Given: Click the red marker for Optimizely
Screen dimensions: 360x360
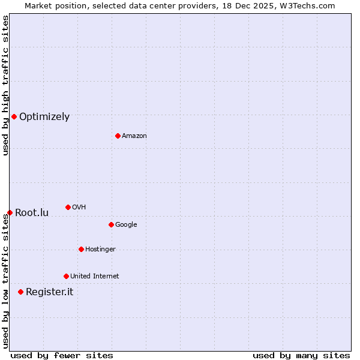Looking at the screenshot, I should (x=14, y=116).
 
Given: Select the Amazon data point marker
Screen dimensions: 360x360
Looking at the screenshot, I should (x=118, y=136).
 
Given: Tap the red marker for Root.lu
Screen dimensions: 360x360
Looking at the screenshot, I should (x=10, y=212).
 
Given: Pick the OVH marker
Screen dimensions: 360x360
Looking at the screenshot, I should (x=68, y=207).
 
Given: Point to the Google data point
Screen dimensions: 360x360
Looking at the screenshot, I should (x=111, y=224).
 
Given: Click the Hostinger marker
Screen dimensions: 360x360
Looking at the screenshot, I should (x=81, y=249).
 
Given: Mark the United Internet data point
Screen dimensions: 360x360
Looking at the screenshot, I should (x=66, y=276).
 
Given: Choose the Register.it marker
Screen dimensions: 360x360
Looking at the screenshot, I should (x=20, y=292).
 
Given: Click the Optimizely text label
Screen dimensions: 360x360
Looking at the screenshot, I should (x=44, y=117).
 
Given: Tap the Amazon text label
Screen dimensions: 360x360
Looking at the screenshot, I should (x=134, y=136).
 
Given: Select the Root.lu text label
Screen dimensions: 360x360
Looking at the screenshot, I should (x=32, y=213).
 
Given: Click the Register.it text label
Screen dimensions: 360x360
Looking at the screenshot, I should (x=49, y=292).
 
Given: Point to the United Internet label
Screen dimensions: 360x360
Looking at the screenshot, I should (x=95, y=277).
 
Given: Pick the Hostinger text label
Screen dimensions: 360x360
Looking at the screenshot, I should (x=100, y=250).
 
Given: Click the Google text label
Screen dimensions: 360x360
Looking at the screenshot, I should (x=126, y=225).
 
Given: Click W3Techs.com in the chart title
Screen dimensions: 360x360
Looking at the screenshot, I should (x=305, y=5).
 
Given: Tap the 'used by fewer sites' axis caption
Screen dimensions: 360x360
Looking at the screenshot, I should (x=62, y=355).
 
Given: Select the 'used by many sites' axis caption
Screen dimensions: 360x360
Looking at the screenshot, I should (x=301, y=355).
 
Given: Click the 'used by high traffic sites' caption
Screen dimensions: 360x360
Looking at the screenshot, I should (x=5, y=86).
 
